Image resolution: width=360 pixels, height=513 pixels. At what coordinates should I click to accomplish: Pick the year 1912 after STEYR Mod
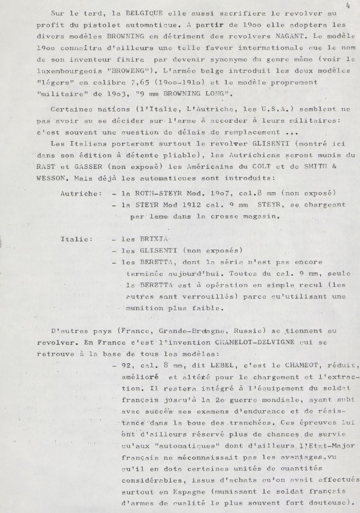(x=191, y=205)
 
